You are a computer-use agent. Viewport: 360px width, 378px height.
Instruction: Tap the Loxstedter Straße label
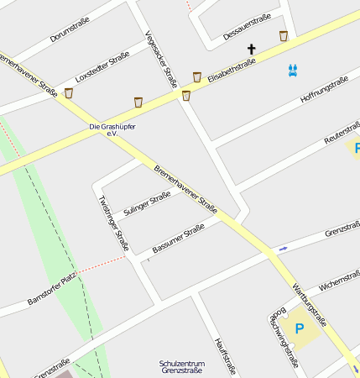102,65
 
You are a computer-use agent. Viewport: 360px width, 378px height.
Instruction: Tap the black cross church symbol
250,50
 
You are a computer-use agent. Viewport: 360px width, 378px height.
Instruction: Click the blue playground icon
292,71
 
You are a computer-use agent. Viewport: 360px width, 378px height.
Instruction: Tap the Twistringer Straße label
113,223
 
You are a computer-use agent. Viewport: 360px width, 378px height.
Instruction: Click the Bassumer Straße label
178,239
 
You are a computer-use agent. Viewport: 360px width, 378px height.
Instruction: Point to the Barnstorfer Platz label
52,287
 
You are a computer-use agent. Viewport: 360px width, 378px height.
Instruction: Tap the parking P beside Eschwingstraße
300,328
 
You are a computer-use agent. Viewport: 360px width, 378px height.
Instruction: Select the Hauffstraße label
224,355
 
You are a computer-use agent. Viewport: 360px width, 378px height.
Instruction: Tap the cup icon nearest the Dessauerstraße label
284,36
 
